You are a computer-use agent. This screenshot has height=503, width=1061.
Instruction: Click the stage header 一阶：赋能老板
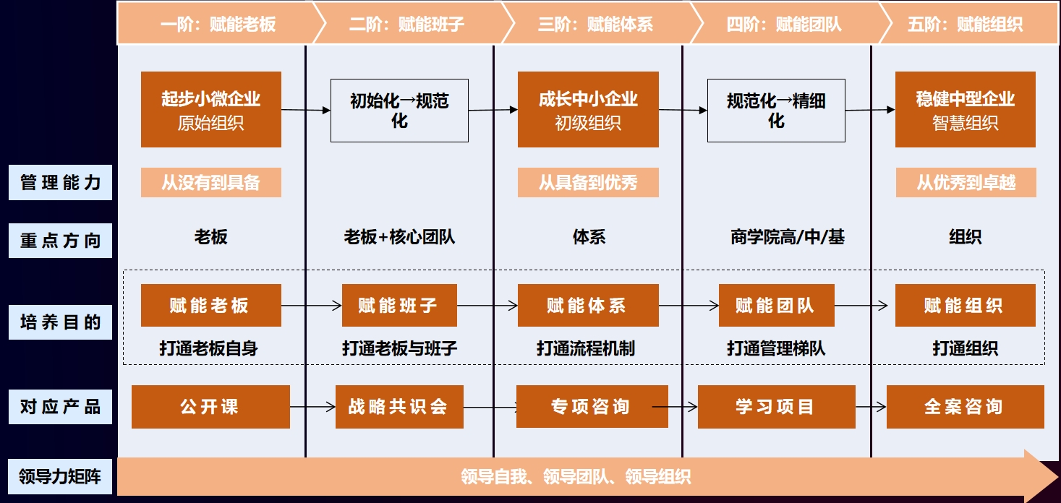[x=218, y=25]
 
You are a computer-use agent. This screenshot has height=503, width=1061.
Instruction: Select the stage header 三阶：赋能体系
[x=595, y=25]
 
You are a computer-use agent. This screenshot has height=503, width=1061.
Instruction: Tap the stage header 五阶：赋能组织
[x=965, y=25]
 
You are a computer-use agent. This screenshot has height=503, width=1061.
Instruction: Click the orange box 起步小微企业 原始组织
[x=211, y=110]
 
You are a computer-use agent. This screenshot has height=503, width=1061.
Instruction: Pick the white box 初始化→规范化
[x=399, y=111]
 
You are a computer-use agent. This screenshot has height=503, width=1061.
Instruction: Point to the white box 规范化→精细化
[x=776, y=111]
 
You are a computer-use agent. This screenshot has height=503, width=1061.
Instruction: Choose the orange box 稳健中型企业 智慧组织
[x=965, y=110]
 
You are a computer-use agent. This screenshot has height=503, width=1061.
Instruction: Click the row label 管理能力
[x=61, y=183]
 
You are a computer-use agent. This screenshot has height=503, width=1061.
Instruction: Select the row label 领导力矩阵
[x=61, y=476]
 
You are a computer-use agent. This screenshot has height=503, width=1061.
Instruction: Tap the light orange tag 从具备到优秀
[x=588, y=183]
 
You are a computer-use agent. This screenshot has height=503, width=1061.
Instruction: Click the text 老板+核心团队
[x=399, y=237]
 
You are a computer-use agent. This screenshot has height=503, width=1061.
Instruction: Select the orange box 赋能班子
[x=399, y=306]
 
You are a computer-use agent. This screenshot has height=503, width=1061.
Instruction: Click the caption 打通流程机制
[x=586, y=348]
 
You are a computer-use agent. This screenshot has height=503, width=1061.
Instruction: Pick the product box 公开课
[x=210, y=407]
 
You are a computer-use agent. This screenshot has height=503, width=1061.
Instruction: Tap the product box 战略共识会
[x=399, y=407]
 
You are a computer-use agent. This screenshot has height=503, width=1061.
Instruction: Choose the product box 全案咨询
[x=965, y=407]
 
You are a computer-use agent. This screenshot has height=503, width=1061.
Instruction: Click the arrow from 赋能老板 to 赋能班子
[x=311, y=306]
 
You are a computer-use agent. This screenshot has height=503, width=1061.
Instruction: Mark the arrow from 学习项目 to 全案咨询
[x=871, y=407]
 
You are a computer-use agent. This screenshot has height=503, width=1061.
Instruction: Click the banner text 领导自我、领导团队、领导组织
[x=576, y=477]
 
